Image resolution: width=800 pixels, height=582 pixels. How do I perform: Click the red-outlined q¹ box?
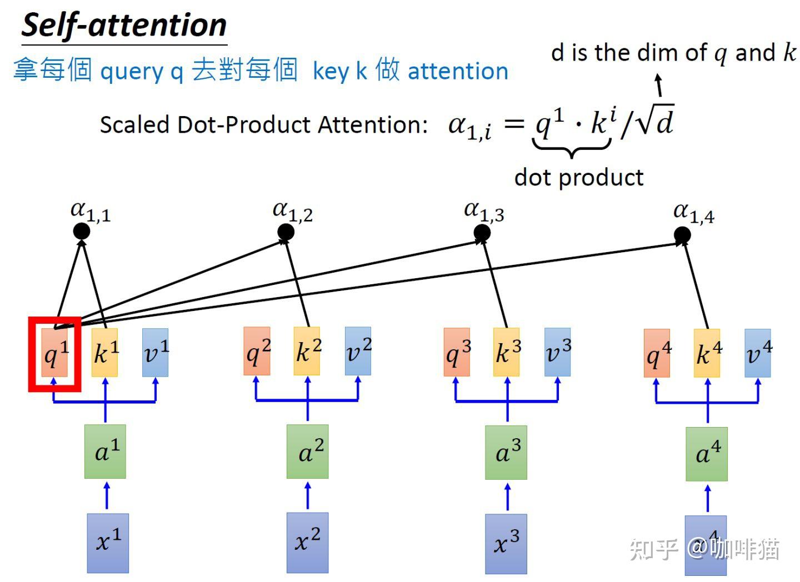point(54,354)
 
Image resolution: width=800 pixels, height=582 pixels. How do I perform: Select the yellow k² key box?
point(307,351)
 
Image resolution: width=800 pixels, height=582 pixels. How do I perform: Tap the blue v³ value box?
point(557,352)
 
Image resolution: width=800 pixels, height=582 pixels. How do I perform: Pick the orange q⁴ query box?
point(657,353)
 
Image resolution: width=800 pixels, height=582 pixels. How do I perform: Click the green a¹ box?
point(105,451)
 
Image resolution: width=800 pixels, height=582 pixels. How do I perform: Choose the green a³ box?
point(506,452)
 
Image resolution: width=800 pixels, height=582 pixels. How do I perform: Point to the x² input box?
point(307,542)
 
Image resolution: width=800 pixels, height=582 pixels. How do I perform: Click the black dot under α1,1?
point(82,231)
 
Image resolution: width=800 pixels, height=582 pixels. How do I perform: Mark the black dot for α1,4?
point(682,235)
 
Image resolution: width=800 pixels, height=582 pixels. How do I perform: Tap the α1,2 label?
point(293,212)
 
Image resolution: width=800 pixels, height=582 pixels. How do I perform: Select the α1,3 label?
point(484,212)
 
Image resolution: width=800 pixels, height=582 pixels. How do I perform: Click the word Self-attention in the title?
point(124,26)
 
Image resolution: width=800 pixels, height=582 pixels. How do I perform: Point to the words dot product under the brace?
point(579,178)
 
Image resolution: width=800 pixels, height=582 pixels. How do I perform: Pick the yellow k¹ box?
point(104,353)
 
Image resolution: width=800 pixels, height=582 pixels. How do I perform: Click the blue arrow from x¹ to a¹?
point(107,495)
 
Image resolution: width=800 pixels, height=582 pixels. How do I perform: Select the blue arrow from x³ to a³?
point(507,496)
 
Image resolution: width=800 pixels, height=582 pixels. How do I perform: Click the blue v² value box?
point(358,351)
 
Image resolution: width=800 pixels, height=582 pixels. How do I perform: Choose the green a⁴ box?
point(706,454)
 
